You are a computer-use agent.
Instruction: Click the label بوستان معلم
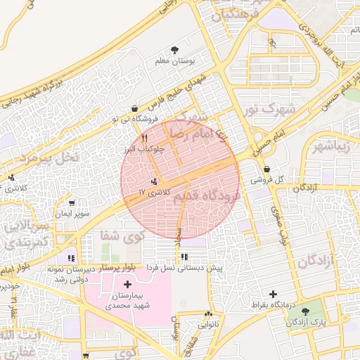point(174,62)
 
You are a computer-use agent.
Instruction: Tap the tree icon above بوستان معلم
point(174,49)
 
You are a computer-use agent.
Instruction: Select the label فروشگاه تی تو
point(134,120)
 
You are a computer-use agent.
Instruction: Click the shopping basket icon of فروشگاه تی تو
point(134,108)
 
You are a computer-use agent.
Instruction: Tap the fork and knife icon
point(144,138)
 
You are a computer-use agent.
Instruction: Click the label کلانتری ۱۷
point(154,191)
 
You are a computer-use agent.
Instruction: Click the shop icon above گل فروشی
point(267,169)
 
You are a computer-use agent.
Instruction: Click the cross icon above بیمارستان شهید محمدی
point(127,284)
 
